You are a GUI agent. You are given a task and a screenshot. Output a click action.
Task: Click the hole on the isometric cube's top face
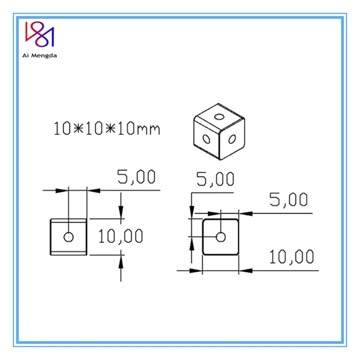219,117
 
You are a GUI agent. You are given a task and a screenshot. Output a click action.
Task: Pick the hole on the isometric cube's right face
232,139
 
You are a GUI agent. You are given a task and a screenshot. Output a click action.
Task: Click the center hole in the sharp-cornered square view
68,236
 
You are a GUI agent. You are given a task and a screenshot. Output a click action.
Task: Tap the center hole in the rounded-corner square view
220,236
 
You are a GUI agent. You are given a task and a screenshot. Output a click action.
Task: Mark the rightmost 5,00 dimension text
288,200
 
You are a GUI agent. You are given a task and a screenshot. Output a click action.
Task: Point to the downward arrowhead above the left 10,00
121,212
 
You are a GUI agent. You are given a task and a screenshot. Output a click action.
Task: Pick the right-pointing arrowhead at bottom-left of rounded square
195,270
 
